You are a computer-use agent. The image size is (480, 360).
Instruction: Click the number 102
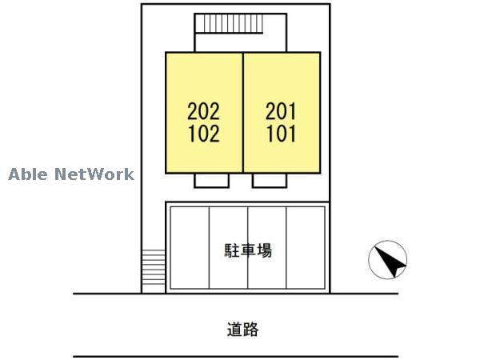(203, 133)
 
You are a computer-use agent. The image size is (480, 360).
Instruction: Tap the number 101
(280, 133)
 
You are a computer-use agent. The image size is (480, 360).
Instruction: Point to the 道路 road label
(242, 328)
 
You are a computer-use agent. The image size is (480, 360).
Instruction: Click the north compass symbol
(387, 260)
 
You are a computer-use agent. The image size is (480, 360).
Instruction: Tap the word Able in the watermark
(28, 174)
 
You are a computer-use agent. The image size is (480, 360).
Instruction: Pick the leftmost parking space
(189, 247)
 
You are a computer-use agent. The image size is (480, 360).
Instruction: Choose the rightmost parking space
(306, 247)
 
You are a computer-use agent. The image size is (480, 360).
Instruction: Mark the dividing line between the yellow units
(242, 112)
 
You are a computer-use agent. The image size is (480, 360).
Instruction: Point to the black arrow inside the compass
(390, 262)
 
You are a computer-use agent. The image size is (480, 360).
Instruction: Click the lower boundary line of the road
(236, 356)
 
